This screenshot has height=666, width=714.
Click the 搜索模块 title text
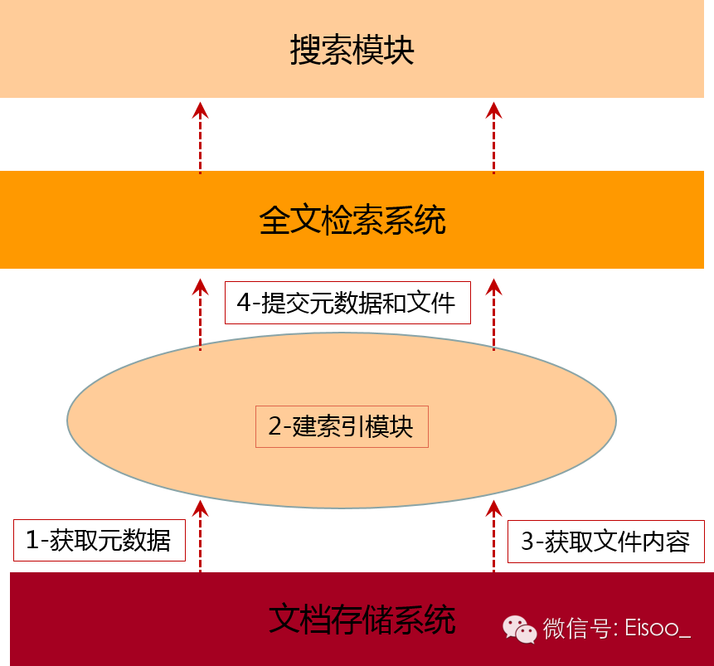coord(352,51)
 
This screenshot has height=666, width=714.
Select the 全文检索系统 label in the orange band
coord(352,221)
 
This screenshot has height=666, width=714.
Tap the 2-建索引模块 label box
coord(341,426)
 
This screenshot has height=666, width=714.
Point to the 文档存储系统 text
coord(362,620)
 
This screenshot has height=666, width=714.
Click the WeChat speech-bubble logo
coord(520,629)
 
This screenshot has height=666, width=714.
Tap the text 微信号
coord(576,629)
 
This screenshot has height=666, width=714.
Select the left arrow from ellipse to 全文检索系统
coord(200,314)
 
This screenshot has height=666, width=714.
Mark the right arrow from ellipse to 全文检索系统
coord(494,314)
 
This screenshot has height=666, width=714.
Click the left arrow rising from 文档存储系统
coord(200,535)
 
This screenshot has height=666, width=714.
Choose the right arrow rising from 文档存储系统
coord(494,535)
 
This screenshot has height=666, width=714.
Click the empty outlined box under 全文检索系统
coord(347,303)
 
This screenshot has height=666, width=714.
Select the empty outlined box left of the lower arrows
coord(100,541)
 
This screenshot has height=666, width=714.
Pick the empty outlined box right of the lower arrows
coord(605,542)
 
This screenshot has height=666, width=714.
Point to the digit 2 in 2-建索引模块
coord(274,427)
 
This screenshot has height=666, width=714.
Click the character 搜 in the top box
coord(305,51)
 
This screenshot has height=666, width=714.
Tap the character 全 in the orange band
coord(274,221)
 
